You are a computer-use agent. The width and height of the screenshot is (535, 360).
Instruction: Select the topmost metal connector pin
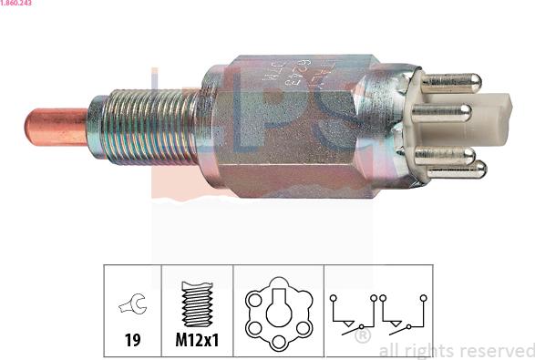tap(451, 82)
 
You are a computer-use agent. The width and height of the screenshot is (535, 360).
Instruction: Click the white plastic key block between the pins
tap(491, 118)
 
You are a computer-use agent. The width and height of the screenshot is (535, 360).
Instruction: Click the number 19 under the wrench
tap(133, 342)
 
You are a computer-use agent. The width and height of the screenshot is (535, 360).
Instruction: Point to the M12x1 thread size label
tap(198, 342)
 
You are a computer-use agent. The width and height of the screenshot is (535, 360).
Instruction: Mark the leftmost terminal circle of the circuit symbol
tap(334, 297)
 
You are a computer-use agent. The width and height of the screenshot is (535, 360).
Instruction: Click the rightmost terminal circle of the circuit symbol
tap(423, 297)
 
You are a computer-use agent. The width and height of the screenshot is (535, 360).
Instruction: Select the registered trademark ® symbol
tap(363, 336)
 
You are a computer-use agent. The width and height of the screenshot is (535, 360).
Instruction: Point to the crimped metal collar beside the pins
tap(395, 123)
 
